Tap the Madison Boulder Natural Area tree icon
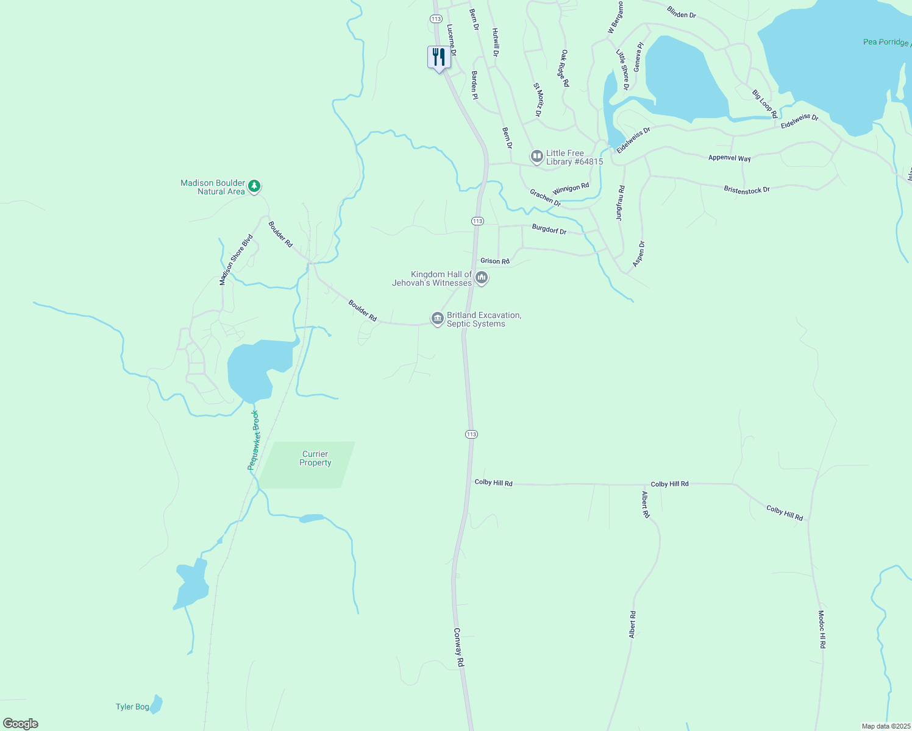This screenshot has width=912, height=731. tap(255, 186)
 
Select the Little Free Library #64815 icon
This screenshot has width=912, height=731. tap(536, 157)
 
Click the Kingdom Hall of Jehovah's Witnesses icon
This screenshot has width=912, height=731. tap(482, 278)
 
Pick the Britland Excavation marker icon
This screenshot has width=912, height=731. tap(437, 319)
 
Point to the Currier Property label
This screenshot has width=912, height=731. tap(315, 458)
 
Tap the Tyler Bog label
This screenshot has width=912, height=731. tap(132, 707)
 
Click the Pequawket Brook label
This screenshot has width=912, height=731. tap(254, 440)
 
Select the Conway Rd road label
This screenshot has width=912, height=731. tap(458, 648)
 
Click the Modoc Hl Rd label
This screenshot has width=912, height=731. tap(822, 629)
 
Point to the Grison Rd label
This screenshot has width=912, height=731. tap(494, 261)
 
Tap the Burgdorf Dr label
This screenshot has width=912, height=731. tap(549, 230)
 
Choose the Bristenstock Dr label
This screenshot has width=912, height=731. tap(747, 189)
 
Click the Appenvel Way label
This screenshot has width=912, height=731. tap(729, 158)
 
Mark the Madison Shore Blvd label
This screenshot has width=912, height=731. tap(236, 260)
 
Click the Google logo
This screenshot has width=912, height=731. tap(21, 724)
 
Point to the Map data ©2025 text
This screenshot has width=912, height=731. tap(885, 726)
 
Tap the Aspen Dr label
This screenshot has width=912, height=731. tap(638, 253)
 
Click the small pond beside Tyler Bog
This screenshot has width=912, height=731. tap(157, 705)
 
